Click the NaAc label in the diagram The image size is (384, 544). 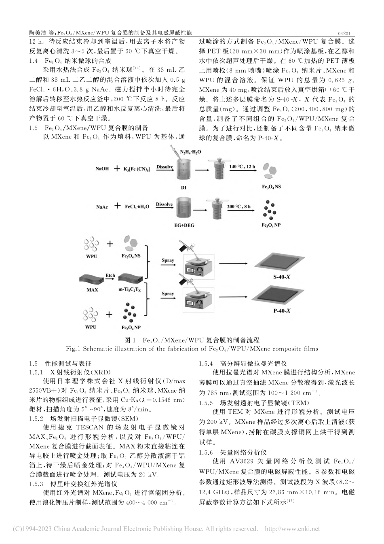pos(102,206)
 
